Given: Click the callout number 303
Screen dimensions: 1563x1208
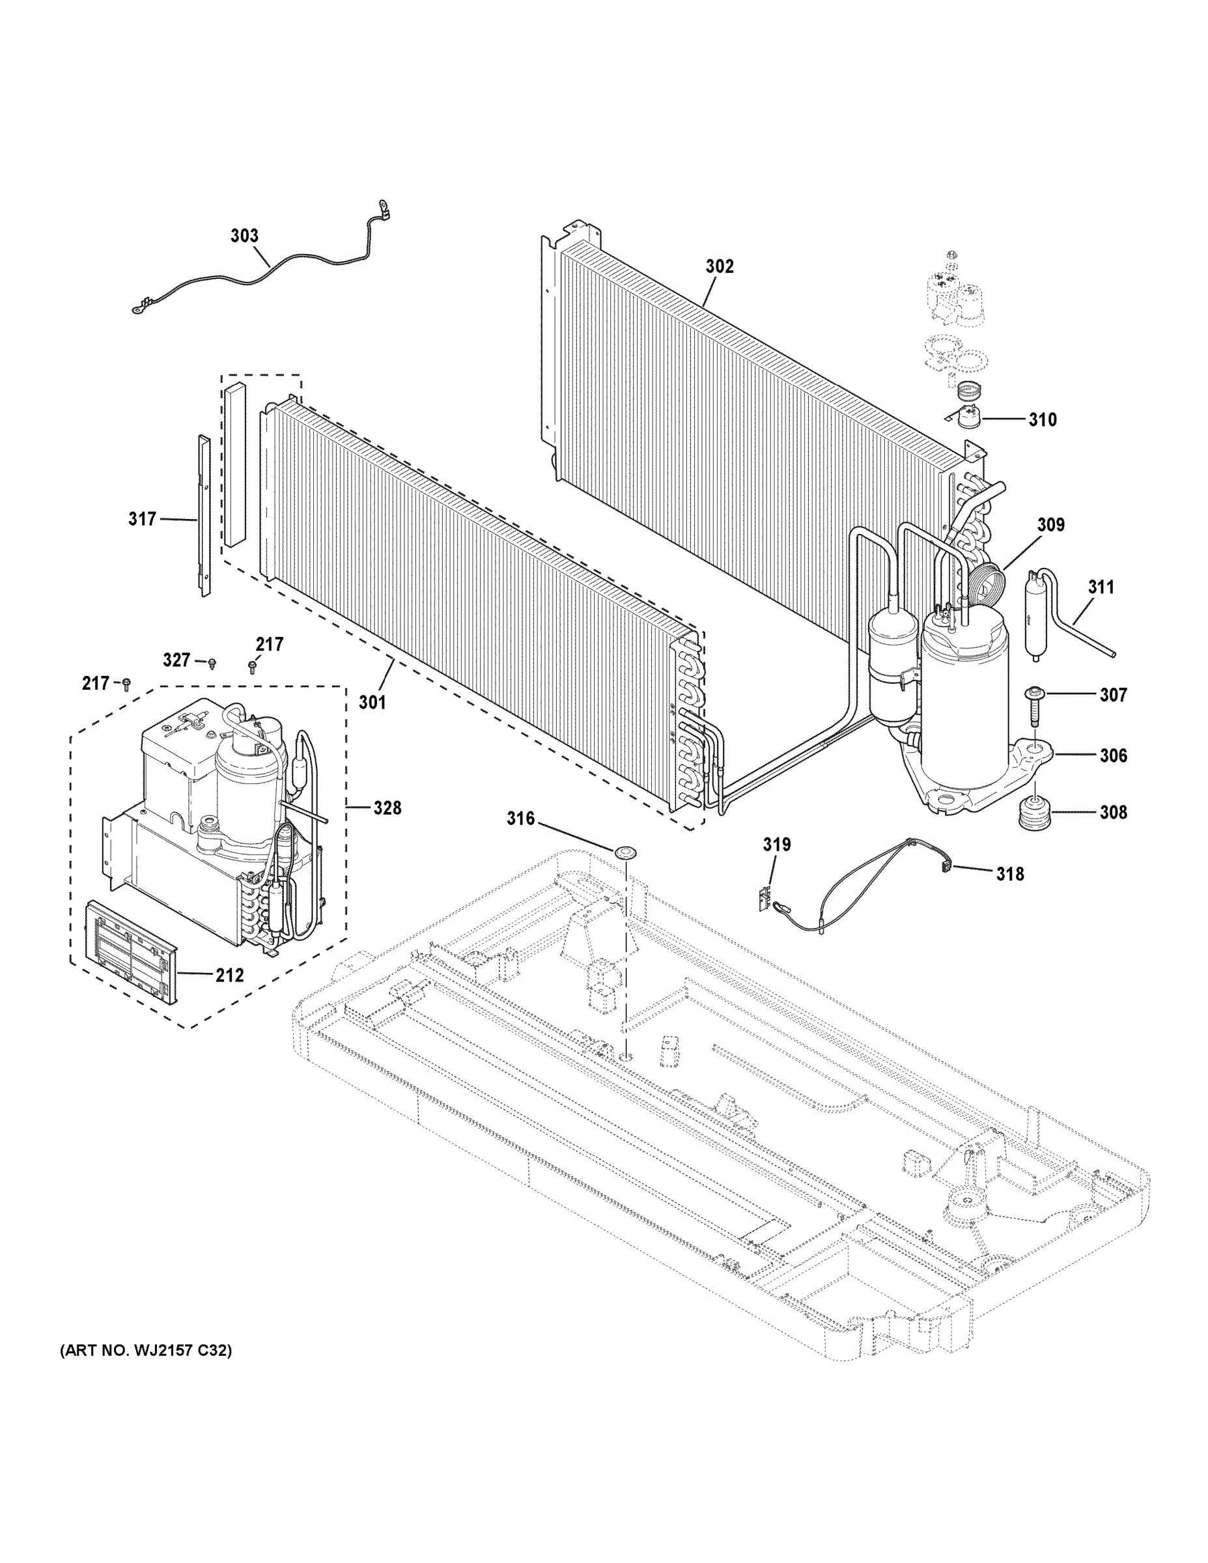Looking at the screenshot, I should (x=244, y=236).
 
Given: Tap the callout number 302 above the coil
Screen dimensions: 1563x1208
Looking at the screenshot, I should (x=719, y=266).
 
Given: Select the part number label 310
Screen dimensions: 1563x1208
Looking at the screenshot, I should (x=1042, y=419).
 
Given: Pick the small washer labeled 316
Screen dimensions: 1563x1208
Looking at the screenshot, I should (x=625, y=852).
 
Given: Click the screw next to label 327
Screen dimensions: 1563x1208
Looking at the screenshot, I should (x=212, y=665).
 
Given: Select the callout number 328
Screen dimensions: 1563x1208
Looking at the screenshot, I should (x=387, y=808).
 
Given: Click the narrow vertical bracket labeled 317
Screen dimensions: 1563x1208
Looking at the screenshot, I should (x=204, y=515).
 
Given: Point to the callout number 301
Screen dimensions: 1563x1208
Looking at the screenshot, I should (x=372, y=702).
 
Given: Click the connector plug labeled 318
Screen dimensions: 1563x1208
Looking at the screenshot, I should (x=944, y=866).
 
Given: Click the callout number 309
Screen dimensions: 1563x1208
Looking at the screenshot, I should (x=1050, y=524).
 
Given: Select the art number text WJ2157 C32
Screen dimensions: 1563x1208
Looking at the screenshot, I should (x=145, y=1351).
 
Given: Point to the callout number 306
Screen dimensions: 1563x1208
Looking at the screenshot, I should (x=1113, y=755).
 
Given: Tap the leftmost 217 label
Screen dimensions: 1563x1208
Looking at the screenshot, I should (x=95, y=683).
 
